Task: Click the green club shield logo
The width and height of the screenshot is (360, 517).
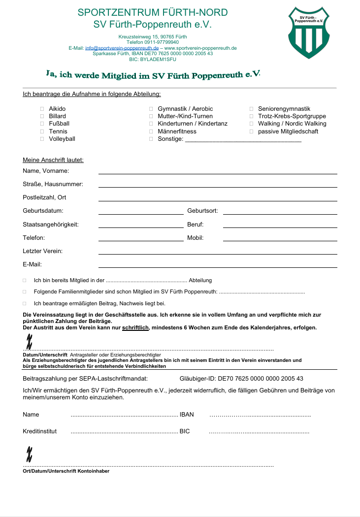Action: click(308, 33)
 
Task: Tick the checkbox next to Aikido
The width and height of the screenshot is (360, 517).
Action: click(42, 109)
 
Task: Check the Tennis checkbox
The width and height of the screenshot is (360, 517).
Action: click(42, 131)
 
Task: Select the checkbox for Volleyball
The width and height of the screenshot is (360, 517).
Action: click(42, 139)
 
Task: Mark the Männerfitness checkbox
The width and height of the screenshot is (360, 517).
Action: click(151, 131)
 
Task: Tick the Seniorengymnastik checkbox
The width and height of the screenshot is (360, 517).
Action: click(252, 109)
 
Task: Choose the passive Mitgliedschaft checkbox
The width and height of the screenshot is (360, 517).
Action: click(252, 131)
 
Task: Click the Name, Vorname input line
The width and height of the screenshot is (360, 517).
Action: click(218, 172)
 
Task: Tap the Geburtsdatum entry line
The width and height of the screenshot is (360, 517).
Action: click(141, 213)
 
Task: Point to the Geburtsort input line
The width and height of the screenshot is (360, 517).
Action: click(280, 213)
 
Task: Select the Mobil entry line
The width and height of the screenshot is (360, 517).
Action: click(280, 239)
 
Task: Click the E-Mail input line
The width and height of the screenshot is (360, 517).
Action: click(218, 266)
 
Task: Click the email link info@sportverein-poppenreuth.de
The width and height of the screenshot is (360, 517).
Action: click(122, 48)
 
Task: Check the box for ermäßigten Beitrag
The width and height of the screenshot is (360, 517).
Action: click(24, 304)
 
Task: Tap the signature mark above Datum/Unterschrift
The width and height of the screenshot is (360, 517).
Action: click(29, 340)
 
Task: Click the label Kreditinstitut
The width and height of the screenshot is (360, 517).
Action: click(39, 431)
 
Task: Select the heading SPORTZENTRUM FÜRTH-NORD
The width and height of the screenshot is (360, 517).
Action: click(153, 13)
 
